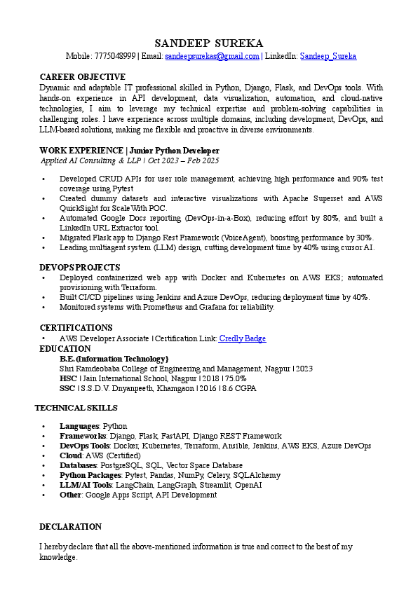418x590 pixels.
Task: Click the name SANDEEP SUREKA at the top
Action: pyautogui.click(x=208, y=43)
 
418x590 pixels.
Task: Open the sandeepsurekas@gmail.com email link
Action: pyautogui.click(x=212, y=56)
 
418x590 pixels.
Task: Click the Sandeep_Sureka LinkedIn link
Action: pyautogui.click(x=328, y=56)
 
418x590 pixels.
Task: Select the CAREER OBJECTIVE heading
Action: pyautogui.click(x=83, y=77)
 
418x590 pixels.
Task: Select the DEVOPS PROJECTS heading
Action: pyautogui.click(x=80, y=268)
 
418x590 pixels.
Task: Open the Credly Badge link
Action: pyautogui.click(x=243, y=338)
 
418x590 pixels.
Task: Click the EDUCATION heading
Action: pyautogui.click(x=65, y=349)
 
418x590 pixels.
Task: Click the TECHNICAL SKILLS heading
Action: pyautogui.click(x=76, y=408)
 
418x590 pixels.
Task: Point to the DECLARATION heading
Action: pyautogui.click(x=70, y=527)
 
